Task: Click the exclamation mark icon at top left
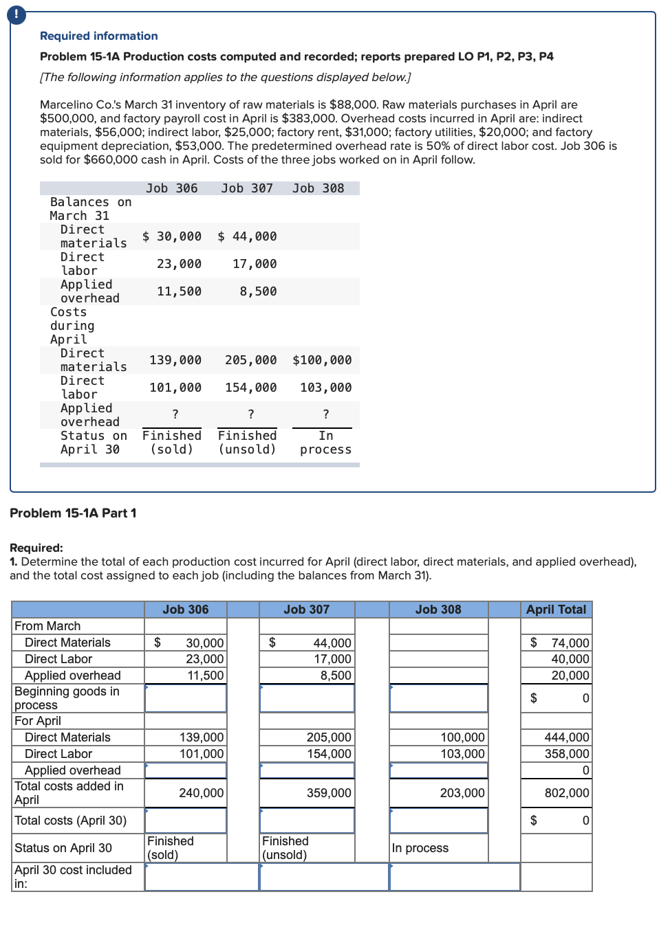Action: click(x=17, y=14)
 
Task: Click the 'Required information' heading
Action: click(x=98, y=36)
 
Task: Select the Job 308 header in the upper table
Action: click(x=318, y=188)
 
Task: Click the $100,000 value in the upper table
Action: click(x=322, y=360)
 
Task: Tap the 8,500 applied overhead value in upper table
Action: click(x=258, y=291)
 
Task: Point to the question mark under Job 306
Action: click(x=175, y=414)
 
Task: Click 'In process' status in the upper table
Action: click(x=325, y=443)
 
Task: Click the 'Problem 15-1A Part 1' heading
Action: click(x=73, y=513)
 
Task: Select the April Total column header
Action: click(x=556, y=610)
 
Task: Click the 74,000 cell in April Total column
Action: click(x=570, y=643)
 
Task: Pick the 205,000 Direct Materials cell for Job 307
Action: click(x=328, y=737)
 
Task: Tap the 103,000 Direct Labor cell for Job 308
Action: click(x=462, y=754)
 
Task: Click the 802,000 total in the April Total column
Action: click(x=566, y=793)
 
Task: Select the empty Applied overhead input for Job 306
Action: click(x=186, y=770)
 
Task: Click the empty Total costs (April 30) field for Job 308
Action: click(x=439, y=821)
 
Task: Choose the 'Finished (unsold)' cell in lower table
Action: click(x=285, y=848)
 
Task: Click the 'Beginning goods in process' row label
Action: click(x=67, y=698)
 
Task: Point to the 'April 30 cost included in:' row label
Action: click(x=73, y=877)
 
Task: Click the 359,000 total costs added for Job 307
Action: click(x=328, y=793)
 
